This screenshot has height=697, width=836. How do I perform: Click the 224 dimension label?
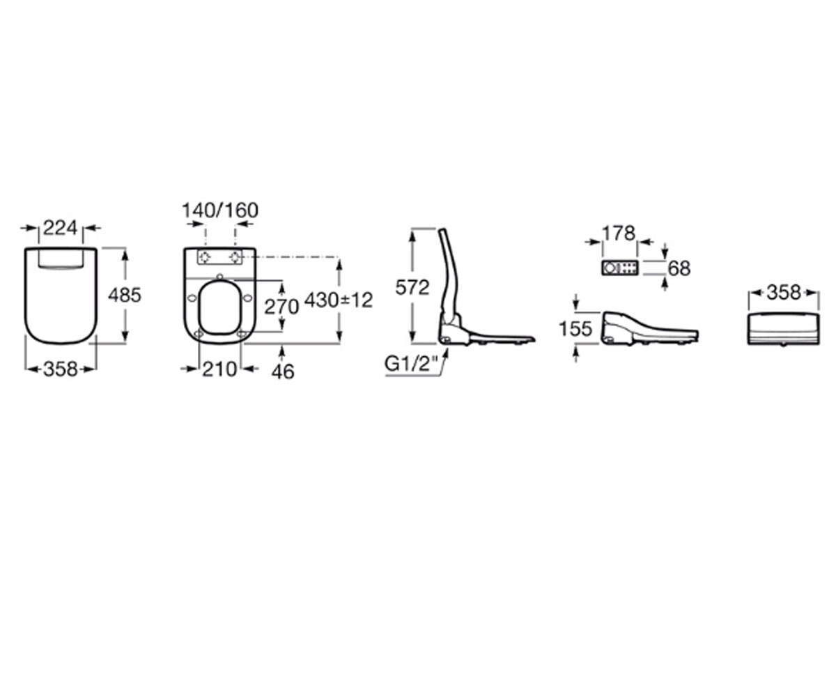coord(60,229)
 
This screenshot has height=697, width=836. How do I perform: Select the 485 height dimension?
coord(125,296)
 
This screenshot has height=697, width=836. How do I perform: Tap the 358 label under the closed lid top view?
coord(61,369)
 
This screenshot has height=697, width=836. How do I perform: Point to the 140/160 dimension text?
coord(220,210)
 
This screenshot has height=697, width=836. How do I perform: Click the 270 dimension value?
coord(281,307)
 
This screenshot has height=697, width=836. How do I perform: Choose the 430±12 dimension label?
coord(339,300)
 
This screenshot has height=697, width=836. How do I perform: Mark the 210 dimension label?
coord(219,369)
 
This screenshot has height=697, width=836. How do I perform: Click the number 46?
coord(283,372)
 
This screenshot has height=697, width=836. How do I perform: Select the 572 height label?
coord(412,287)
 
